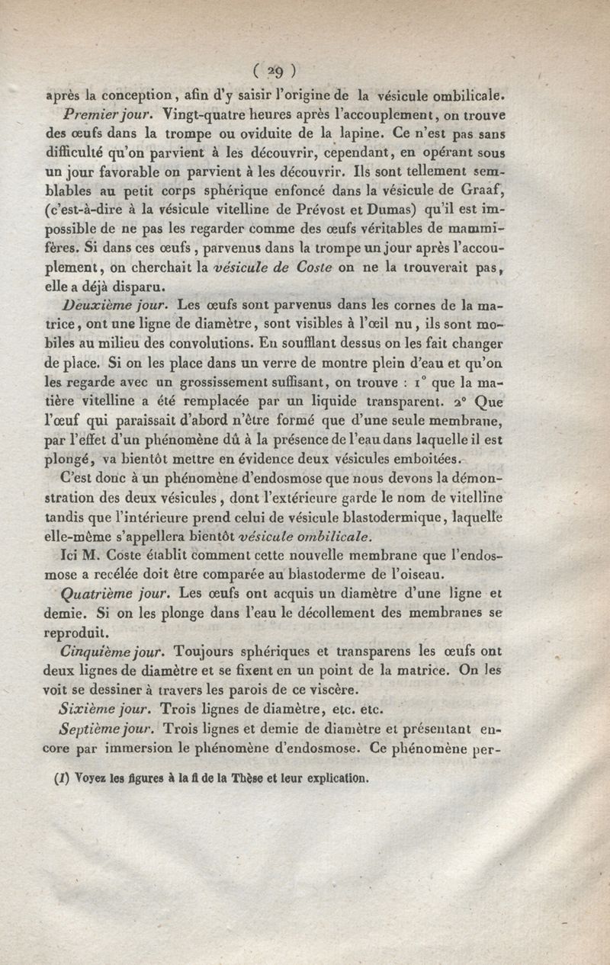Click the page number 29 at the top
point(272,71)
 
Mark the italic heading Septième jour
point(106,729)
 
